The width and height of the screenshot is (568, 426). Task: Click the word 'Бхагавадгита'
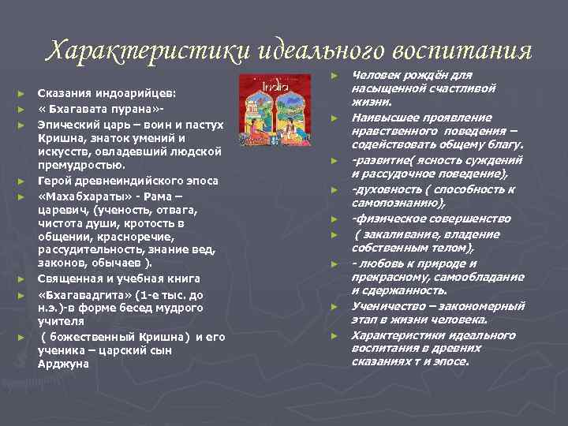pyautogui.click(x=86, y=293)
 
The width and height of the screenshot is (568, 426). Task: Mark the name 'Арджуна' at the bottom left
pyautogui.click(x=63, y=364)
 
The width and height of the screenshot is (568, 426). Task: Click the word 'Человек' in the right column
pyautogui.click(x=377, y=75)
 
